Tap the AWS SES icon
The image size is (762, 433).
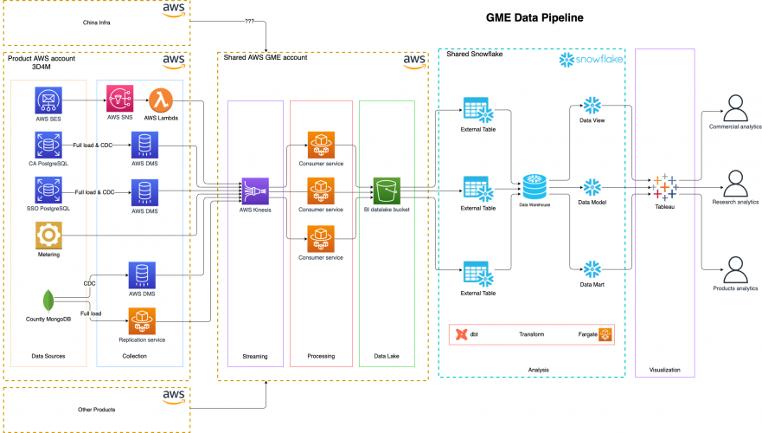click(x=47, y=100)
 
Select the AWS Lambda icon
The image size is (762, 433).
click(x=161, y=100)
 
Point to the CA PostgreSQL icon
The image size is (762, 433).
click(x=47, y=144)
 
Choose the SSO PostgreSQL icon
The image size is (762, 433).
click(x=47, y=190)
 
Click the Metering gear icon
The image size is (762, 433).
click(x=48, y=236)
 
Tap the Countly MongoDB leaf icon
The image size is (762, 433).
click(x=48, y=300)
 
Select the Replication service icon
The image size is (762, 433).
click(x=141, y=321)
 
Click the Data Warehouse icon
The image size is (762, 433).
click(x=534, y=186)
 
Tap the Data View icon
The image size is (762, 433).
click(x=592, y=107)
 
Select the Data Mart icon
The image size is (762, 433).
click(x=592, y=268)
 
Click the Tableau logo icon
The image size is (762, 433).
click(x=664, y=186)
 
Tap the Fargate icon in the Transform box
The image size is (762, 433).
click(x=605, y=334)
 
